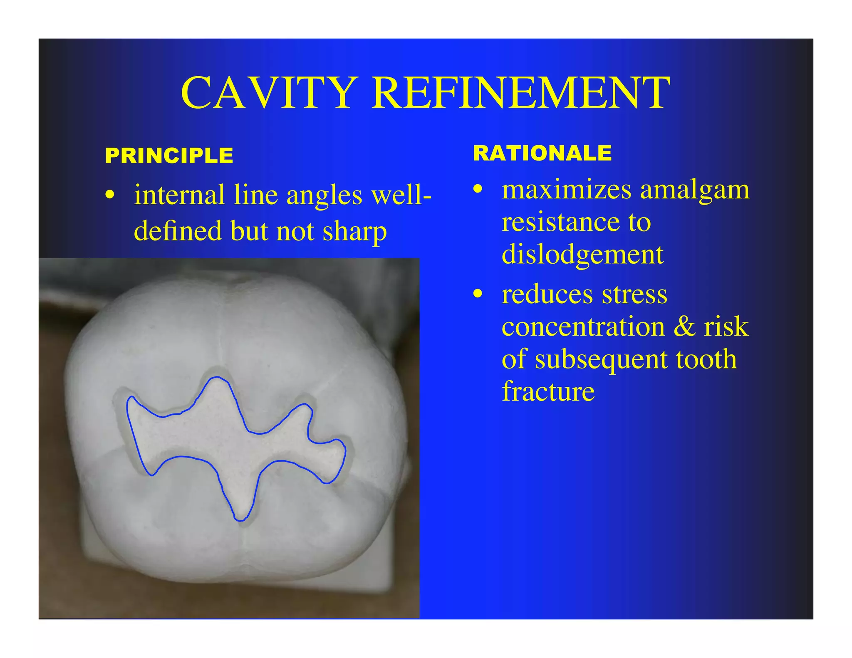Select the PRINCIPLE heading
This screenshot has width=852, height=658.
click(169, 156)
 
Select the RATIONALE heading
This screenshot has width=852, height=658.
click(542, 153)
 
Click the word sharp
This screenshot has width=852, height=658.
click(354, 231)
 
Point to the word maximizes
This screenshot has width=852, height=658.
click(567, 190)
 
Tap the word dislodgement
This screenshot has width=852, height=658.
click(582, 254)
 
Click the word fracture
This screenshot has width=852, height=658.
click(548, 391)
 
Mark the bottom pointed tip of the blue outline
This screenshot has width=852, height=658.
click(240, 520)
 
